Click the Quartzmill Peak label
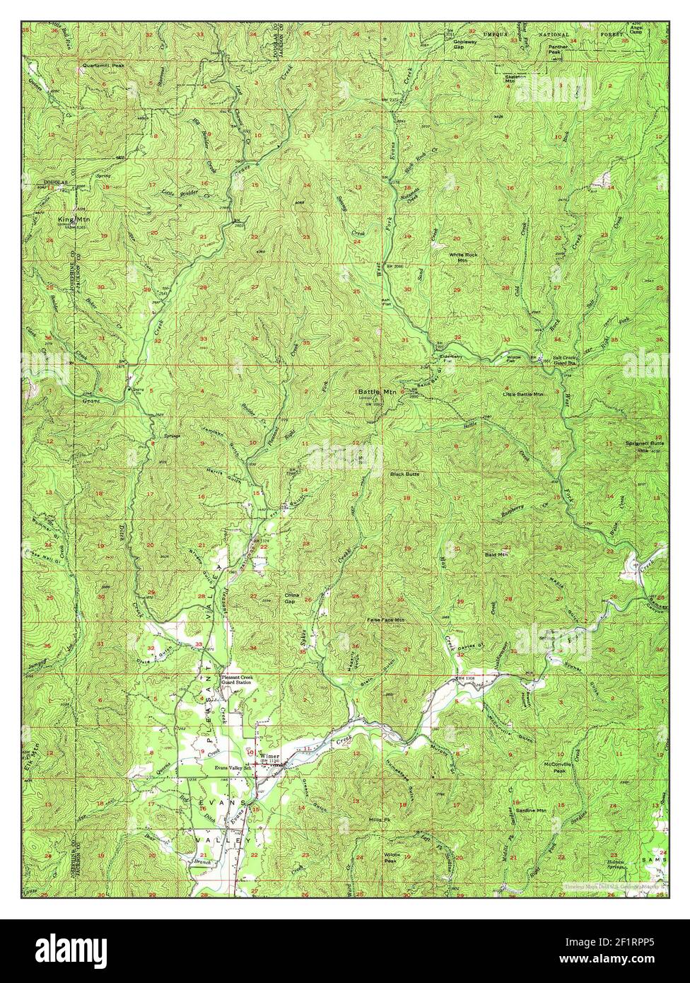[x=103, y=65]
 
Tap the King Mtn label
[x=69, y=220]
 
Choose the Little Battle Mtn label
[x=523, y=393]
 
